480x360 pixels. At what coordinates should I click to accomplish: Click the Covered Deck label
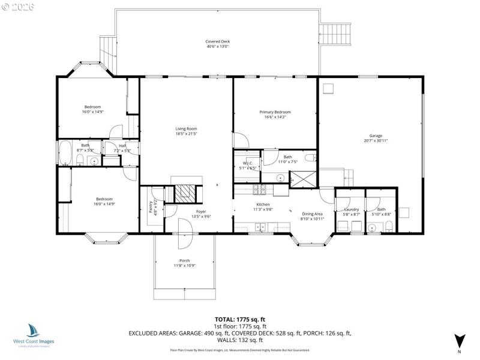[217, 41]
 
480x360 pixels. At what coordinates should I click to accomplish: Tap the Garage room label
[376, 136]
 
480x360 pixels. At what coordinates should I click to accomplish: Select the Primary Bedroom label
[275, 112]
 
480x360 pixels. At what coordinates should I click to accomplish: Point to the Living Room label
[186, 129]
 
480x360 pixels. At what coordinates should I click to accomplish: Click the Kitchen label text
[263, 205]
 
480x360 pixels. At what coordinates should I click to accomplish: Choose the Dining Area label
[312, 214]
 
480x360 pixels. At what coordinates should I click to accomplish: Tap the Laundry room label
[351, 209]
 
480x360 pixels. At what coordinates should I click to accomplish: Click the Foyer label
[201, 212]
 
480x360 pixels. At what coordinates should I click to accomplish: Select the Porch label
[185, 260]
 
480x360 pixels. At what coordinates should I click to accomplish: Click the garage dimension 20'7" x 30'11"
[376, 140]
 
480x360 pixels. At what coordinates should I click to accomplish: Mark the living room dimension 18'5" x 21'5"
[186, 134]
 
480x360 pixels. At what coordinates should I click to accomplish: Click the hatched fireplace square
[184, 193]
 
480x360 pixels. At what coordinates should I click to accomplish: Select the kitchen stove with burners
[260, 190]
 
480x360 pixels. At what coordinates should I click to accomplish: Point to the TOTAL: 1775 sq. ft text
[239, 319]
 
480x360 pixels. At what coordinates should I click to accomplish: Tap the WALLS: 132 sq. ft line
[239, 340]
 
